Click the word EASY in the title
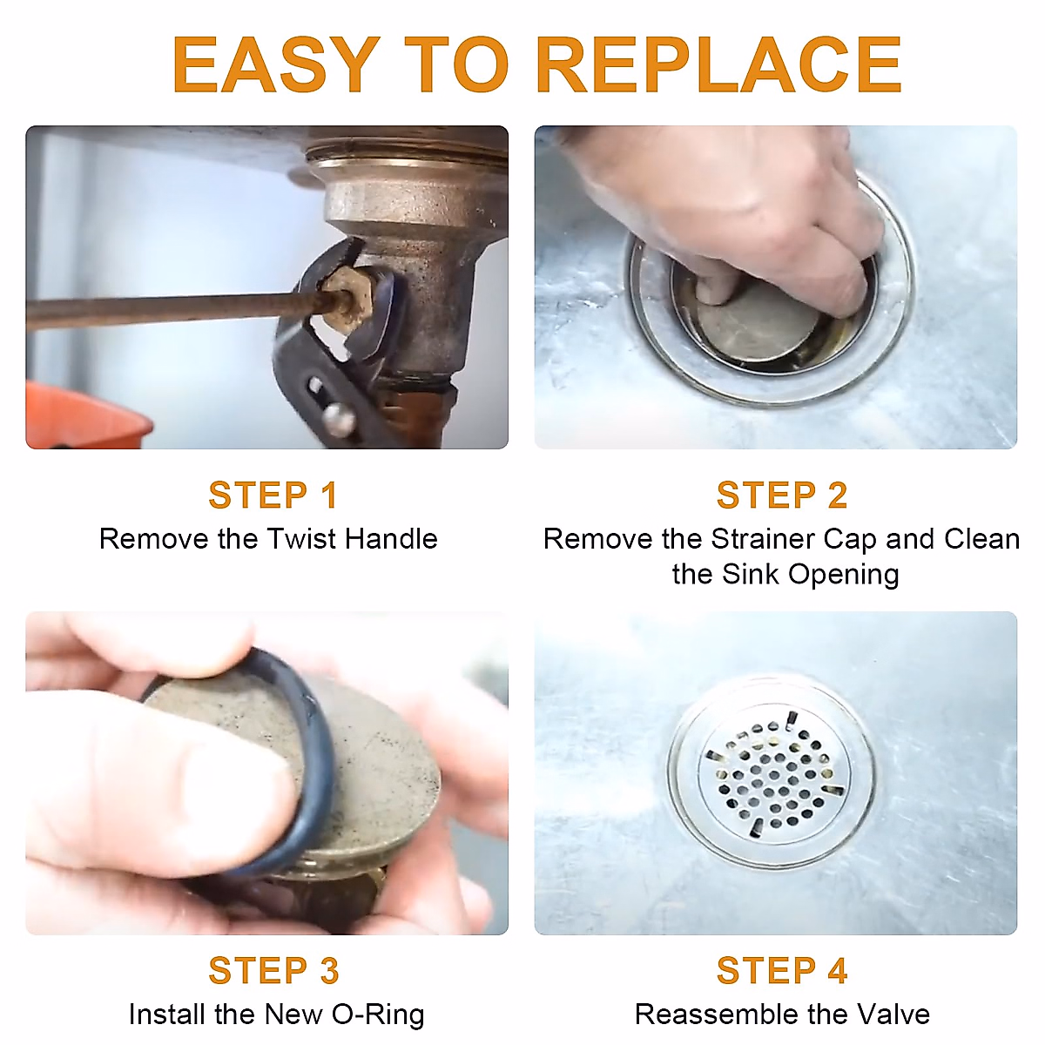[277, 65]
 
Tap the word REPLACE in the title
[719, 65]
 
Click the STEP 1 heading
[273, 496]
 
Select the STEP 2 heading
[781, 496]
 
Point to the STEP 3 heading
[273, 970]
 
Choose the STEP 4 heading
[781, 970]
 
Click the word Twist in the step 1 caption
[301, 539]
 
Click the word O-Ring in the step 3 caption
[378, 1015]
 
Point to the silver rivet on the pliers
[340, 420]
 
